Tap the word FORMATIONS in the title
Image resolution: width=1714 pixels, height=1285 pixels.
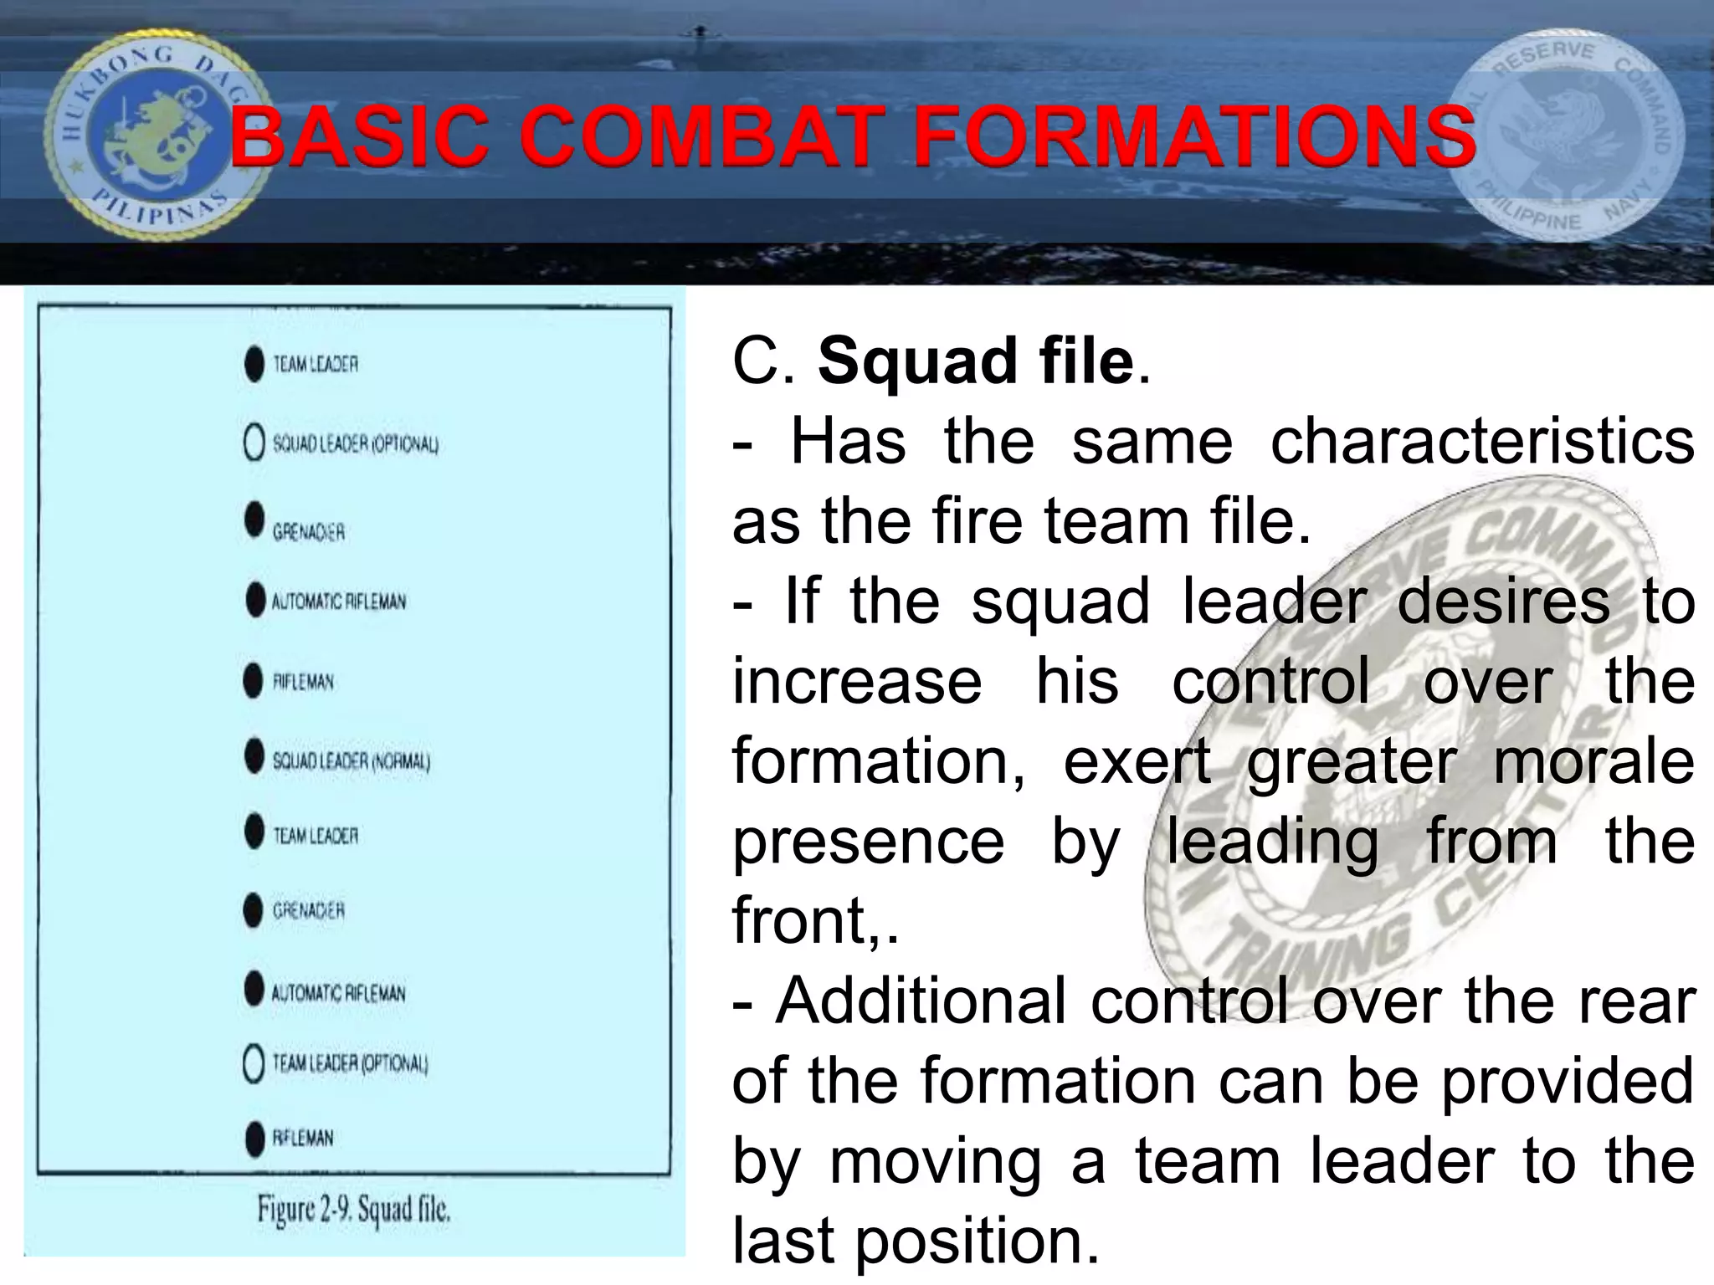click(x=1194, y=136)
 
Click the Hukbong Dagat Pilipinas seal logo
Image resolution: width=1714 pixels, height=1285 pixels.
click(x=151, y=134)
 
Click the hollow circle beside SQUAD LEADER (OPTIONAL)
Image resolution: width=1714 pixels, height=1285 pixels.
click(x=254, y=443)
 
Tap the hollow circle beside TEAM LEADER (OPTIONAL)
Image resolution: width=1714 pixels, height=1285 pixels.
click(x=254, y=1064)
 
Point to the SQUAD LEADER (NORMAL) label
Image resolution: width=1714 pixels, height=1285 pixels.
click(x=352, y=760)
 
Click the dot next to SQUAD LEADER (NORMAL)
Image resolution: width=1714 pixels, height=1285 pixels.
click(x=254, y=756)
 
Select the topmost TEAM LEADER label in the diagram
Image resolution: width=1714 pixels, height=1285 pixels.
click(x=316, y=364)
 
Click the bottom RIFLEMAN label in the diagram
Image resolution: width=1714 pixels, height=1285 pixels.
click(x=303, y=1138)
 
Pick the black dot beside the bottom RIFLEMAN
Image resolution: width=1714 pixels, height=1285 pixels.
click(x=254, y=1139)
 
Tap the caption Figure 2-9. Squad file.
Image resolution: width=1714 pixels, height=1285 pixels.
click(x=353, y=1210)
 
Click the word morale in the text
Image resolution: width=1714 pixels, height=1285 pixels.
click(x=1593, y=761)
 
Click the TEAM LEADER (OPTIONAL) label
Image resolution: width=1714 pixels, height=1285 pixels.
click(x=350, y=1063)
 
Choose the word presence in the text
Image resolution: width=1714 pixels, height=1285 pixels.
click(x=868, y=842)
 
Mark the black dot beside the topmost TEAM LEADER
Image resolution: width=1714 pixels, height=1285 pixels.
click(x=254, y=364)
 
